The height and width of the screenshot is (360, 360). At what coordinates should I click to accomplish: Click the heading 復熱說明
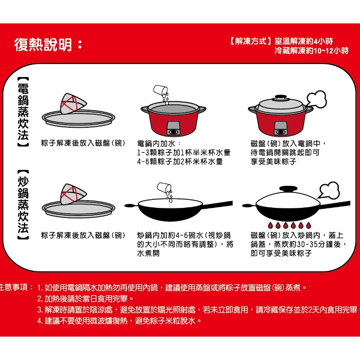click(49, 45)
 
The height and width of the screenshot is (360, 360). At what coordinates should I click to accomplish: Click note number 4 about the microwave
click(119, 321)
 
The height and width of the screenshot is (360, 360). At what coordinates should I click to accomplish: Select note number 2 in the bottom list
click(85, 298)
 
